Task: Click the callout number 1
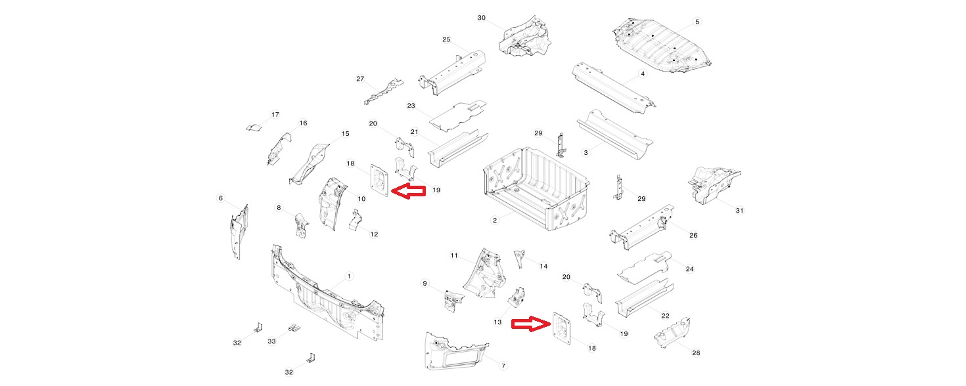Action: pyautogui.click(x=349, y=276)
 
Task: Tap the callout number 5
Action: pyautogui.click(x=697, y=22)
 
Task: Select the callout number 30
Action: pyautogui.click(x=481, y=18)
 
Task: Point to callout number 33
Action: pyautogui.click(x=271, y=341)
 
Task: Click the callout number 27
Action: pyautogui.click(x=360, y=79)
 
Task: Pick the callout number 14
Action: pyautogui.click(x=543, y=266)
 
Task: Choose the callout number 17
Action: pyautogui.click(x=275, y=114)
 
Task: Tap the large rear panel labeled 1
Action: pyautogui.click(x=322, y=299)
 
